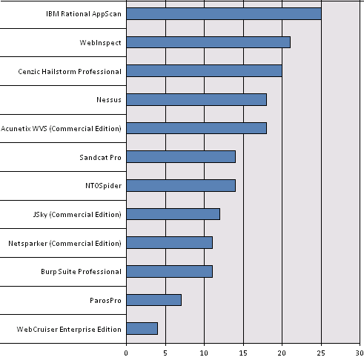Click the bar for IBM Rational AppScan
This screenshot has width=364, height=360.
click(224, 13)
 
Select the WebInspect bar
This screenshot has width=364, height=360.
click(208, 42)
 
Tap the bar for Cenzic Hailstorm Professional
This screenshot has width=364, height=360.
click(205, 71)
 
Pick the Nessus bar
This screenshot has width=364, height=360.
click(196, 99)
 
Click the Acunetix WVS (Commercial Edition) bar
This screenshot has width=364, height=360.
click(196, 128)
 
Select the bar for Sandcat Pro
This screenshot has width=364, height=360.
click(181, 156)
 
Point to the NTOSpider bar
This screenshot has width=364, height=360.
click(181, 185)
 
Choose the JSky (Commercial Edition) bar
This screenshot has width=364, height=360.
click(173, 214)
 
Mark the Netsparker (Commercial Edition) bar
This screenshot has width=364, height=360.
click(170, 242)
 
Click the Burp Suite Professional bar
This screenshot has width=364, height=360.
click(170, 271)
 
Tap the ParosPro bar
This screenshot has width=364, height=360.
click(154, 300)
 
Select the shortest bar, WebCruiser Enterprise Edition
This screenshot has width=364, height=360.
click(142, 328)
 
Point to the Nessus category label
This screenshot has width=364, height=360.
click(108, 100)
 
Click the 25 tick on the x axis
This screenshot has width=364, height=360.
click(320, 352)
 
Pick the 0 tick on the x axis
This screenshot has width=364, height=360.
click(127, 352)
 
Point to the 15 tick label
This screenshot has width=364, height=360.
click(242, 352)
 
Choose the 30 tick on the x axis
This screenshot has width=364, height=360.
click(359, 352)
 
